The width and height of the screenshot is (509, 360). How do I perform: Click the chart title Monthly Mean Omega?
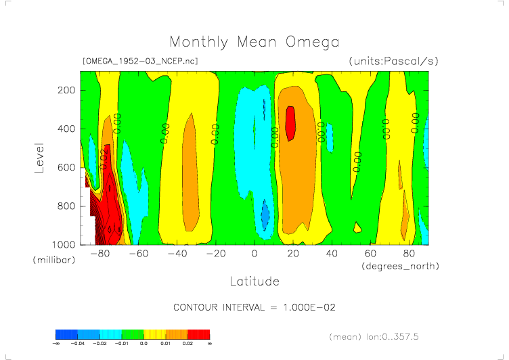point(254,43)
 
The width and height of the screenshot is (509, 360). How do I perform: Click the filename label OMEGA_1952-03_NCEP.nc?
point(139,61)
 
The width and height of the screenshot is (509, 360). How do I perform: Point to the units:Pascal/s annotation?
point(394,61)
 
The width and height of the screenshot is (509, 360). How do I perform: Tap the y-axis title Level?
point(39,157)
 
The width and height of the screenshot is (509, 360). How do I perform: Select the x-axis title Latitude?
point(254,281)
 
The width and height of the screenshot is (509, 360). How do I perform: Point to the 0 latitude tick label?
point(255,254)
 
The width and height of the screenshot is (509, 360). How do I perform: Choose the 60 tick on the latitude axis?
point(370,254)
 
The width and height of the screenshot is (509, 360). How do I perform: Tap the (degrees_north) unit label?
point(400,266)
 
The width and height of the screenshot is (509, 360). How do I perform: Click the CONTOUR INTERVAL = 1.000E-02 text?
point(255,307)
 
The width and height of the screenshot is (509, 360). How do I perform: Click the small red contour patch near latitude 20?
point(290,123)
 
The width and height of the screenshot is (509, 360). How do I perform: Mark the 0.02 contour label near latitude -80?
point(104,158)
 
